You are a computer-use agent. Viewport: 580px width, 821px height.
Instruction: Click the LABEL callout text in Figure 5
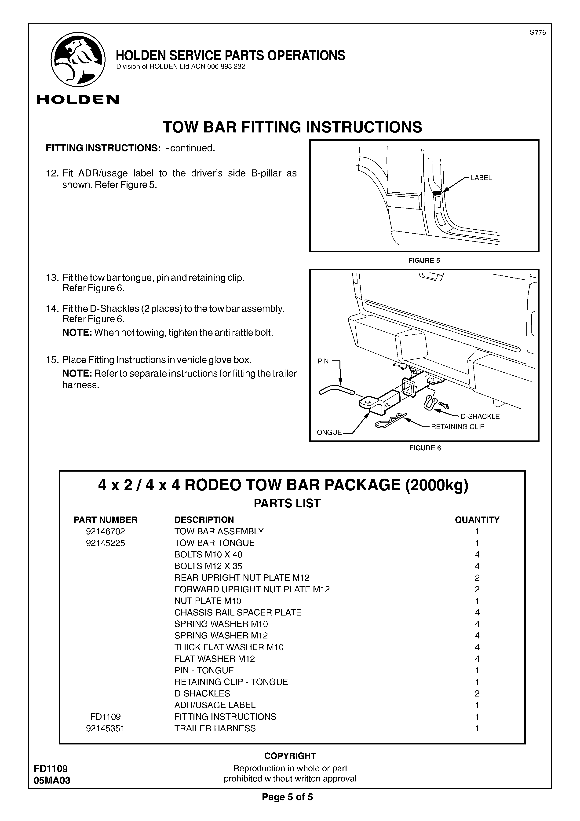[481, 178]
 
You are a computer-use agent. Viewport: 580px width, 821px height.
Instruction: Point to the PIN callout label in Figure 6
[323, 361]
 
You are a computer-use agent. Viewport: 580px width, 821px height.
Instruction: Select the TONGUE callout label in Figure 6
[327, 432]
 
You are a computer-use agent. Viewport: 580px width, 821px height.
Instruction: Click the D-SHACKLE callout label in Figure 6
[480, 416]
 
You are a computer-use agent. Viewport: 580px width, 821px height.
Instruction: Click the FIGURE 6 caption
[425, 448]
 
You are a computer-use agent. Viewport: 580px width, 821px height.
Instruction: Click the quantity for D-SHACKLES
[477, 694]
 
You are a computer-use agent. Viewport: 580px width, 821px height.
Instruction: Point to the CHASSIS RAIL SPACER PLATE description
[238, 612]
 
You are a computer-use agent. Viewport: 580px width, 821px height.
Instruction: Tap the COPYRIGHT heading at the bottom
[290, 756]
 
